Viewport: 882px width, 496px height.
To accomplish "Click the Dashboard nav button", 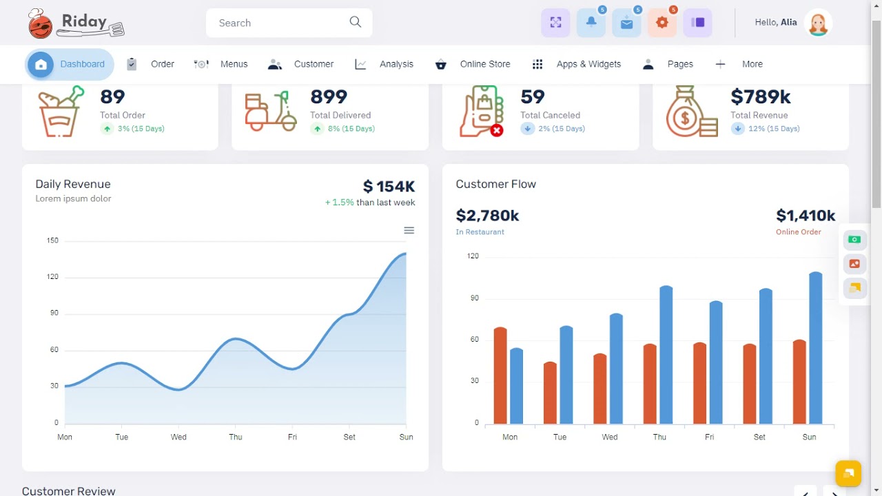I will coord(70,64).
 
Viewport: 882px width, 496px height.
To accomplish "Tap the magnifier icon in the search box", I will coord(356,22).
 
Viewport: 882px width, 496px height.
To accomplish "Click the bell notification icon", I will coord(591,23).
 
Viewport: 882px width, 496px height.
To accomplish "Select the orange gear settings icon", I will coord(662,23).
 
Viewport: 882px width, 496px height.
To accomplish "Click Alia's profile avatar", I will coord(818,23).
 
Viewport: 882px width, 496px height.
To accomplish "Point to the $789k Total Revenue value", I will coord(761,96).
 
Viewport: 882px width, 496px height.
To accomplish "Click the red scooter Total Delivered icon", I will coord(270,112).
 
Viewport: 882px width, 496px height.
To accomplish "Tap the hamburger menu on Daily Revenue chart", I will coord(409,230).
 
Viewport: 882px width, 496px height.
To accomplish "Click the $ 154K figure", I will coord(389,186).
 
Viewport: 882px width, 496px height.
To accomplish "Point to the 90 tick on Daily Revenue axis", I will coord(53,313).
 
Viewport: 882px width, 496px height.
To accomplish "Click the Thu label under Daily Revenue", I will coord(236,437).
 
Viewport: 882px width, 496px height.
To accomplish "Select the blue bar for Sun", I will coord(816,348).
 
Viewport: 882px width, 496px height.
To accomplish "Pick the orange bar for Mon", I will coord(500,375).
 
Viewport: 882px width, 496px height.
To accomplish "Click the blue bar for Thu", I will coord(666,355).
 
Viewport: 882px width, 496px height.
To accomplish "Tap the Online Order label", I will coord(798,232).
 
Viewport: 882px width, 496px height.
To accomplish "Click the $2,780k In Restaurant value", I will coord(487,216).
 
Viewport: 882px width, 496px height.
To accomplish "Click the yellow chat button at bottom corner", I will coord(848,473).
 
